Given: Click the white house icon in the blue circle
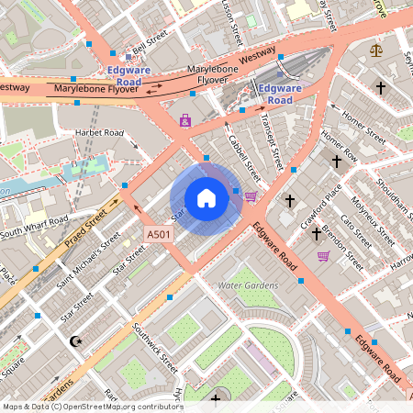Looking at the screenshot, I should [x=206, y=198].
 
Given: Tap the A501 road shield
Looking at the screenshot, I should [x=159, y=236].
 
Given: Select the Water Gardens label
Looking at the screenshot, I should [x=248, y=285].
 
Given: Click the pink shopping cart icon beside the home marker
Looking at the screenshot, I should [x=251, y=195].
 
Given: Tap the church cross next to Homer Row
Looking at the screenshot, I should [x=337, y=162].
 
